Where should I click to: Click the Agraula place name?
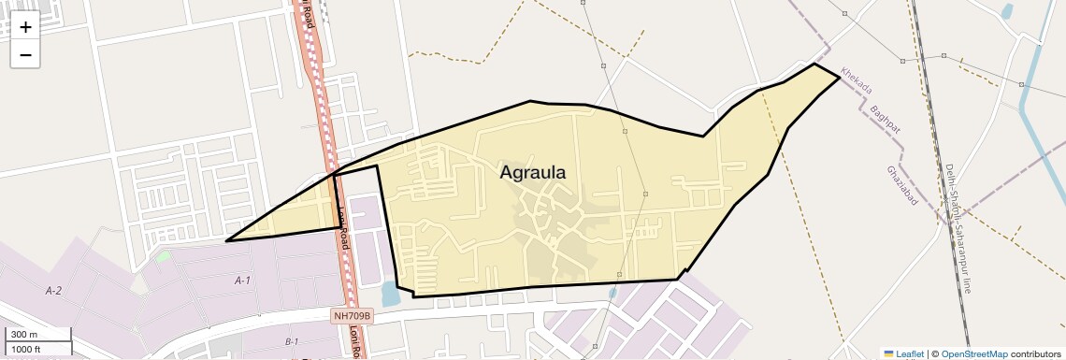click(533, 173)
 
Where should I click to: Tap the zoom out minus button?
click(25, 55)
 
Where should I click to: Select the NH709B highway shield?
click(353, 316)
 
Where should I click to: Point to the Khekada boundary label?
click(856, 80)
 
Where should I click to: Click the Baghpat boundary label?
click(884, 122)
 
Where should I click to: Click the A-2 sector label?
click(53, 292)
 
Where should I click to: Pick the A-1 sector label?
click(242, 281)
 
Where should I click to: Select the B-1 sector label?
click(291, 342)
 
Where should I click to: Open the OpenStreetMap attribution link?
click(974, 353)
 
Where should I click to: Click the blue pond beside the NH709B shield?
click(390, 295)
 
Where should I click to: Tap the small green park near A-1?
click(164, 255)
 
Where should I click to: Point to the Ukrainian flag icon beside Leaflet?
click(889, 353)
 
